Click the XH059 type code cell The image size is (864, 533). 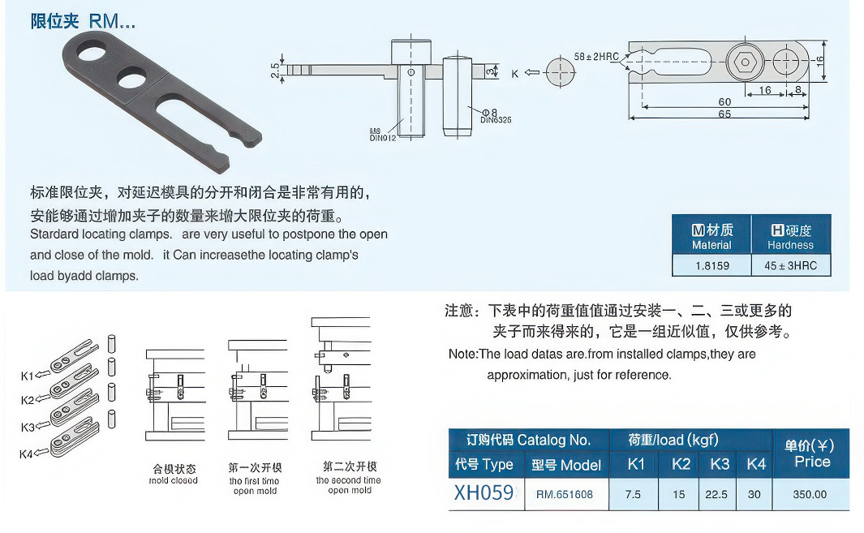tap(484, 493)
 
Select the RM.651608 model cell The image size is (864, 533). tap(564, 494)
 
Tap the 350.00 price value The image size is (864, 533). tap(810, 494)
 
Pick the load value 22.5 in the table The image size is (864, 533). tap(717, 494)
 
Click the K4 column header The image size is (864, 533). tap(755, 464)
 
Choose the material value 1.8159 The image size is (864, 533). tap(711, 265)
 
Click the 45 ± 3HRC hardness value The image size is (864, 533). tap(790, 265)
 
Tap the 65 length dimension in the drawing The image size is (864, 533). tap(724, 114)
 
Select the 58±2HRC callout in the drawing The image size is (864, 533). tap(596, 57)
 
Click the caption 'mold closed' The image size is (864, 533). tap(174, 480)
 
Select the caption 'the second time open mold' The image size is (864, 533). tap(349, 485)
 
